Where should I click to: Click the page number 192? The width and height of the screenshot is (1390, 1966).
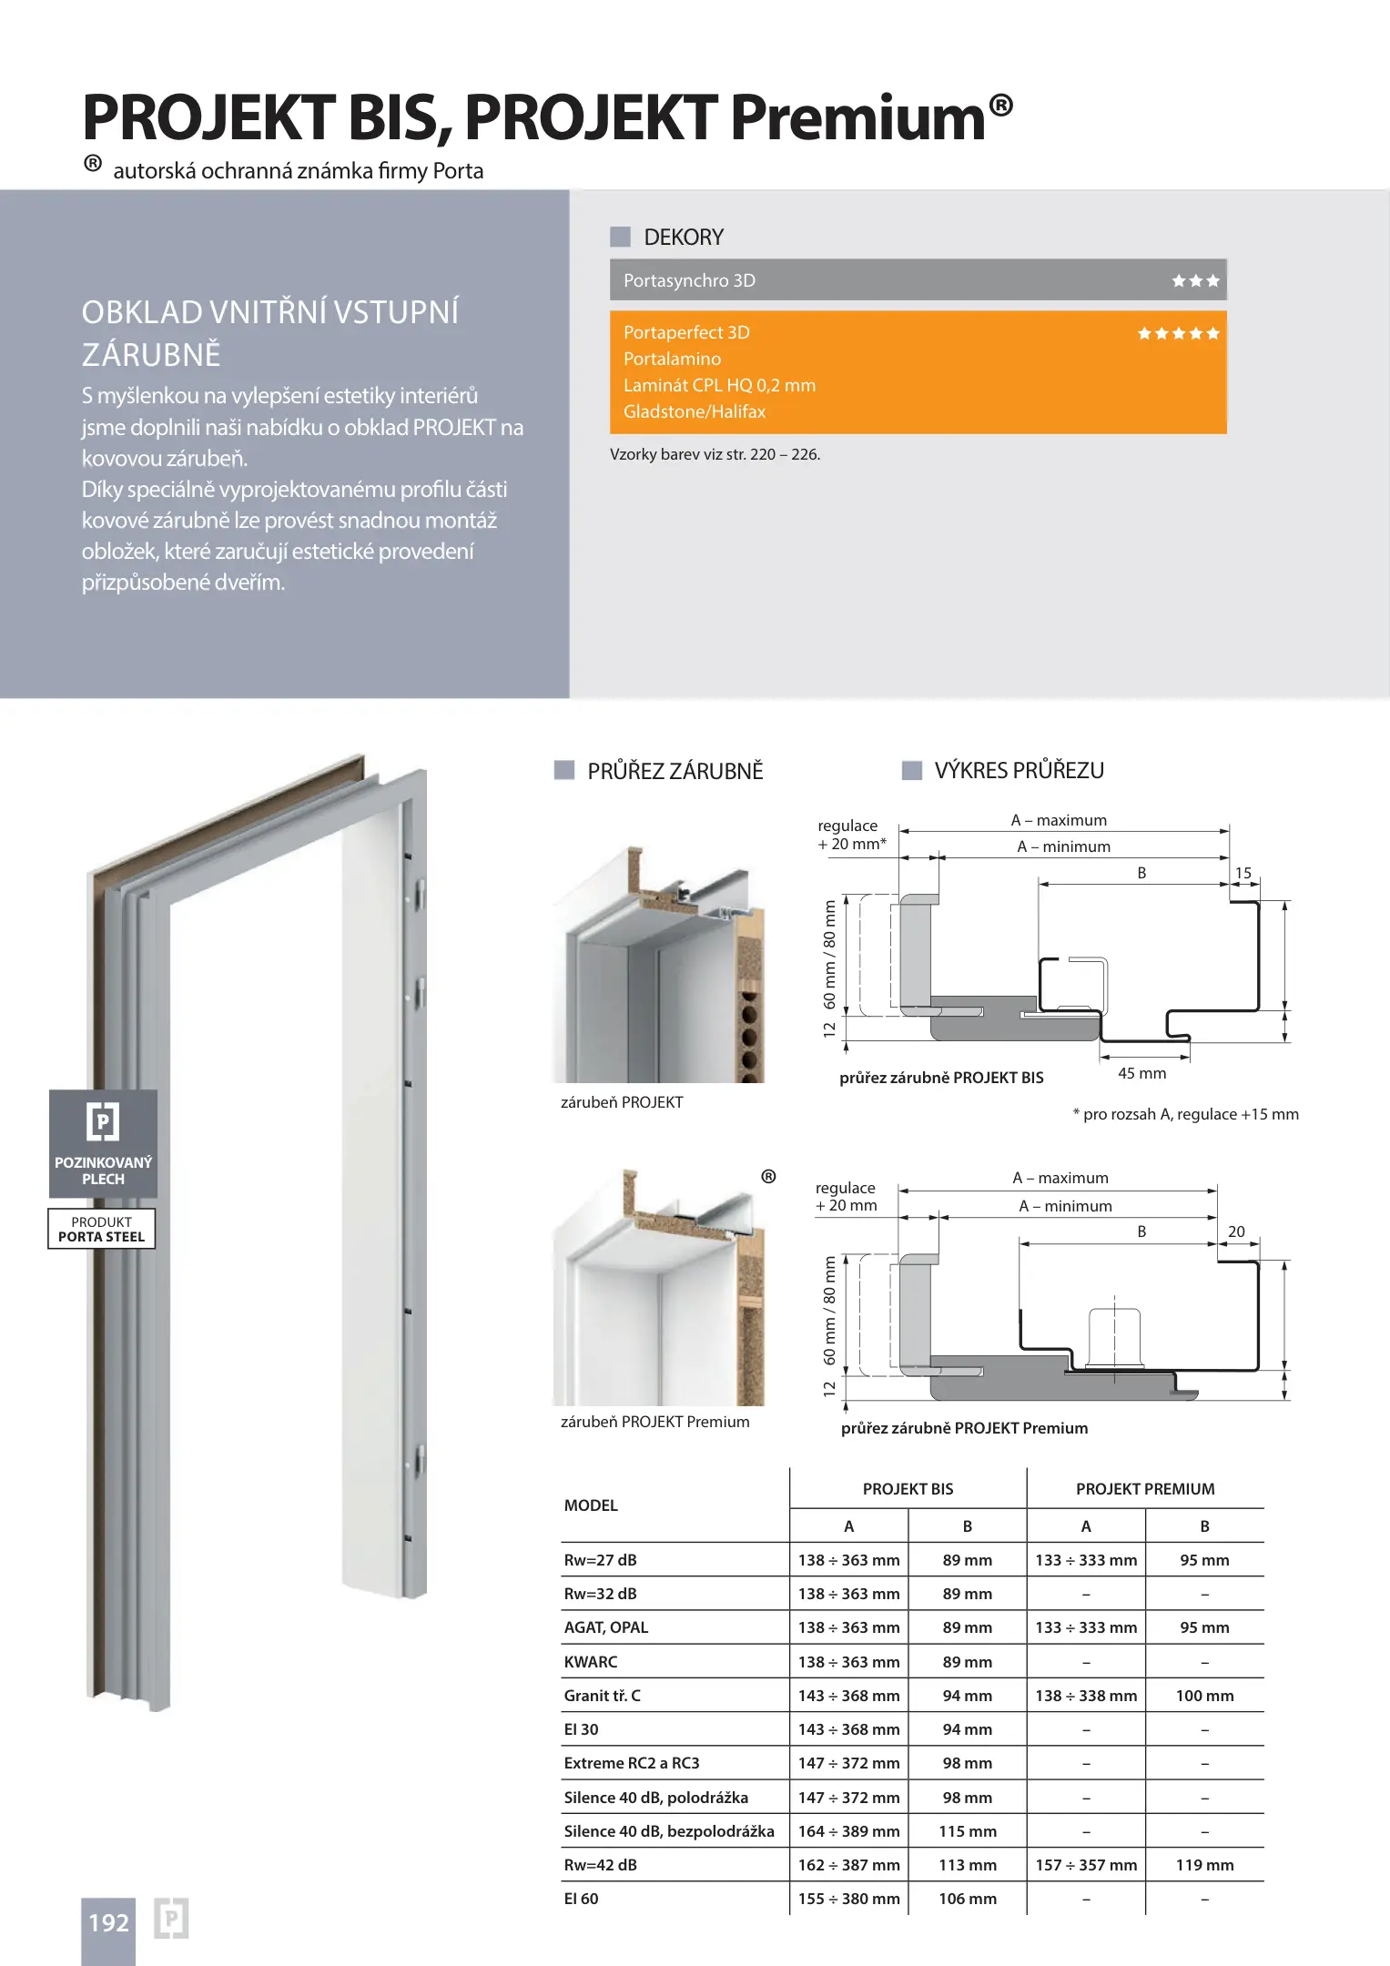tap(108, 1922)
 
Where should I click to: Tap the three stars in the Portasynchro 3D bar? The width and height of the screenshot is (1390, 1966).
tap(1195, 281)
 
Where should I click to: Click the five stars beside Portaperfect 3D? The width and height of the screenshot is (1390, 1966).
tap(1178, 334)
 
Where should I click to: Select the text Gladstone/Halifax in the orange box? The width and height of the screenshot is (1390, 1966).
tap(695, 412)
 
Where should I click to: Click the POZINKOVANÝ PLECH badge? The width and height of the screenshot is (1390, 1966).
tap(103, 1143)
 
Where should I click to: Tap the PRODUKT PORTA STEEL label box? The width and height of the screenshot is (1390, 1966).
tap(102, 1229)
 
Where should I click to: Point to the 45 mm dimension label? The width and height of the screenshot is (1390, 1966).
tap(1141, 1074)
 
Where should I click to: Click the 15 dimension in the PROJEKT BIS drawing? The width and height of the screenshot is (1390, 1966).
tap(1243, 874)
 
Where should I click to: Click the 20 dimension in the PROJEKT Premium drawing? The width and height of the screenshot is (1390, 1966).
tap(1236, 1231)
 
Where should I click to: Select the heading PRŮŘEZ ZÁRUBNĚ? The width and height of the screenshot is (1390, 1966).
tap(675, 772)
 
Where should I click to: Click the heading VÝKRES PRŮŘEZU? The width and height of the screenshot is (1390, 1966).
tap(1019, 771)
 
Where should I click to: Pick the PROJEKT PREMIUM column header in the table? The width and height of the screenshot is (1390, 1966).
tap(1145, 1489)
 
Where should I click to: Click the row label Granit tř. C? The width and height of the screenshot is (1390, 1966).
tap(603, 1696)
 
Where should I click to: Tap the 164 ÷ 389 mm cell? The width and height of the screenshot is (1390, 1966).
tap(848, 1831)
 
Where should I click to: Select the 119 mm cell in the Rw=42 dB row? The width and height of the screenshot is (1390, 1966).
tap(1204, 1865)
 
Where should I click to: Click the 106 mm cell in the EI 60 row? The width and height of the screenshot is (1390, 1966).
tap(968, 1899)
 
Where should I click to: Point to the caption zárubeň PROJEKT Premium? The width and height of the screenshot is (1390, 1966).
tap(655, 1422)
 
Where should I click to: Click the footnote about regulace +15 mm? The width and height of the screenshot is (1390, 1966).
tap(1185, 1114)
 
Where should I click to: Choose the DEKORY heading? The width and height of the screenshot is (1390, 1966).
tap(684, 238)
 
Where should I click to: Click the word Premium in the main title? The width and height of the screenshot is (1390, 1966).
tap(857, 118)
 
